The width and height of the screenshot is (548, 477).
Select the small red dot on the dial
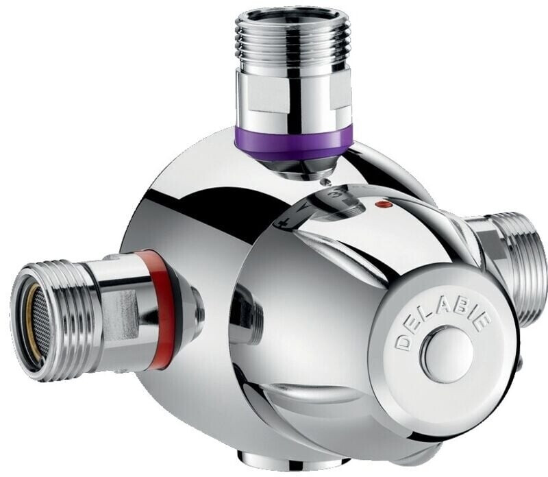coord(382,205)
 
